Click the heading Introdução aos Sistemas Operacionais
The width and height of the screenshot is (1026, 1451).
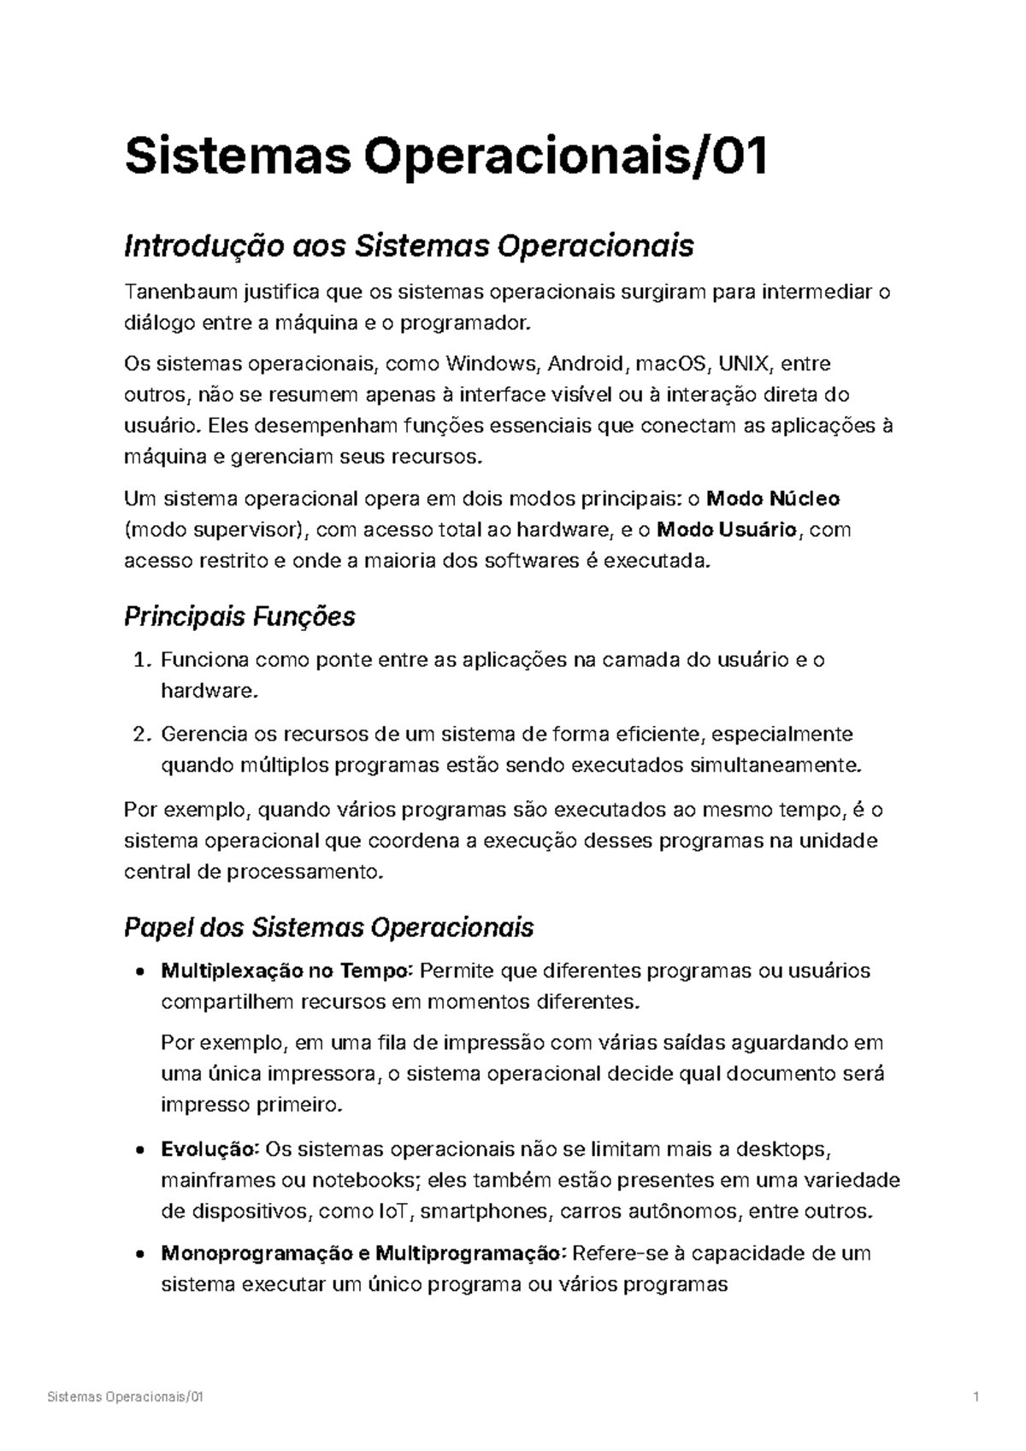[409, 246]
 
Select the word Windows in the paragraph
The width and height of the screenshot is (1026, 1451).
[490, 364]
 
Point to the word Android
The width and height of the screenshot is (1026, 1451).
[586, 364]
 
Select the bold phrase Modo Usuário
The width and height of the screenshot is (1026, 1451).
[728, 530]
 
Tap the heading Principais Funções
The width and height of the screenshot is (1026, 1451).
[239, 616]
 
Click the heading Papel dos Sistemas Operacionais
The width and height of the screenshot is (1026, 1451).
[329, 928]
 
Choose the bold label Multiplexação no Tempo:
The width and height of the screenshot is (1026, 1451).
[287, 971]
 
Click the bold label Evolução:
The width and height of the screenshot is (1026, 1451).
[210, 1149]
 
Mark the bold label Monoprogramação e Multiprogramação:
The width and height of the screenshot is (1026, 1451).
[363, 1254]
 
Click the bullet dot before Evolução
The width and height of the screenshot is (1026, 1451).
[139, 1150]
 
